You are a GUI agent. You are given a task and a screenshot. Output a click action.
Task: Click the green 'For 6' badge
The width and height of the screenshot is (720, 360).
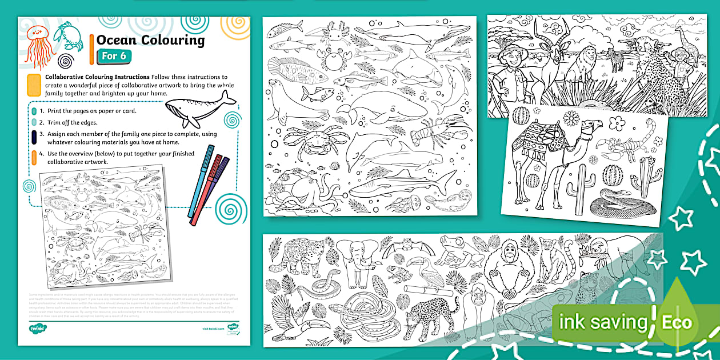[114, 55]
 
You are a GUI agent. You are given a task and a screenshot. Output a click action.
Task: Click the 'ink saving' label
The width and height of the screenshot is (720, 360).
[602, 322]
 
